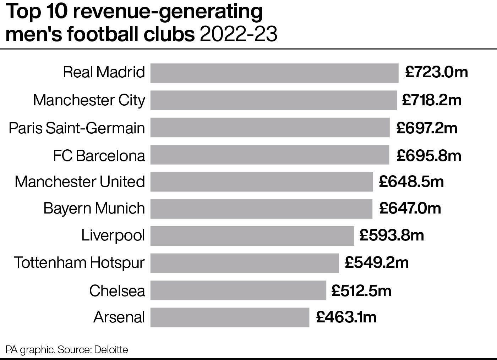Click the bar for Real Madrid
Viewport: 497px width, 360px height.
point(274,73)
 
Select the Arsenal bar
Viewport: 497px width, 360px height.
point(230,317)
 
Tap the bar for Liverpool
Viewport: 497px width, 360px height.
point(252,236)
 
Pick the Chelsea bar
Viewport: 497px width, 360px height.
point(238,290)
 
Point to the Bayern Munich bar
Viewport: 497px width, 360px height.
point(261,209)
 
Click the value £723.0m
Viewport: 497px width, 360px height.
point(436,72)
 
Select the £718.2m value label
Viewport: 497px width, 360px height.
point(432,100)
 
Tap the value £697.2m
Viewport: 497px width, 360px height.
point(427,128)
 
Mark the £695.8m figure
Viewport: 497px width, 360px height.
point(429,155)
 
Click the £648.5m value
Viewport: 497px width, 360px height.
point(411,182)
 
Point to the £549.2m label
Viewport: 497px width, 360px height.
point(376,263)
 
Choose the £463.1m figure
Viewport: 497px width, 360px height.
point(346,317)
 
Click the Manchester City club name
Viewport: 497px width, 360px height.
point(89,100)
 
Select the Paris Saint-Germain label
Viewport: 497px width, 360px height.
point(77,128)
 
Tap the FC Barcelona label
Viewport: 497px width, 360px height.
point(99,156)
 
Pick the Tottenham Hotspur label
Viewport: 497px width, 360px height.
point(79,263)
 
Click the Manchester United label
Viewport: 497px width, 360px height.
point(80,182)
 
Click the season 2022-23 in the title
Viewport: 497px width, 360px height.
point(238,35)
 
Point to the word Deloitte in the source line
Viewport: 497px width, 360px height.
point(111,350)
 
